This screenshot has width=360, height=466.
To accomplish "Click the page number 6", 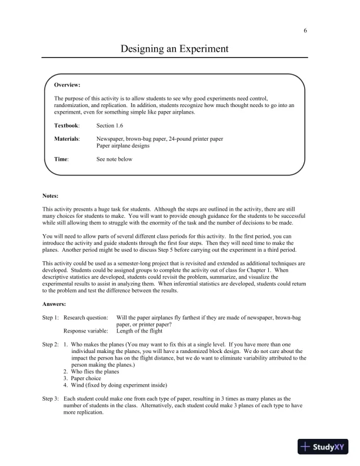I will click(305, 31).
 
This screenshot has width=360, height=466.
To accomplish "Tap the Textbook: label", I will click(66, 125).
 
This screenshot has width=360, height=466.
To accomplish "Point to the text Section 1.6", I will click(110, 125).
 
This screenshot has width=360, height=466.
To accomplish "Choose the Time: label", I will click(61, 159).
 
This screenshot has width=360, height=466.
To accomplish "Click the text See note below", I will click(115, 159).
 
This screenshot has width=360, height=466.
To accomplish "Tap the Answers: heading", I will click(54, 304).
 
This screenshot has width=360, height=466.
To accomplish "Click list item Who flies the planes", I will click(94, 371).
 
